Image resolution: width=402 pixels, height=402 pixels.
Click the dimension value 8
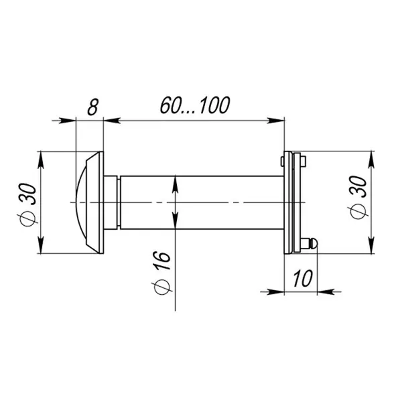tap(93, 107)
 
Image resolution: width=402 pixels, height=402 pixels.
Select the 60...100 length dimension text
tap(195, 105)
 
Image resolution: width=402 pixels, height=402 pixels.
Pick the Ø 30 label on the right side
tap(358, 198)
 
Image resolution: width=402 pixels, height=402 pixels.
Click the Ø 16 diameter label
tap(162, 273)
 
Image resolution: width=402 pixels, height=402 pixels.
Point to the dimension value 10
tap(303, 278)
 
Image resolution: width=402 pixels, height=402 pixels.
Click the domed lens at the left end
tap(81, 202)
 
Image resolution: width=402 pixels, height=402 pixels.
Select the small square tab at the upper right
tap(304, 161)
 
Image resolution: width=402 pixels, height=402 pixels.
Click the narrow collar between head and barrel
tap(119, 202)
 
